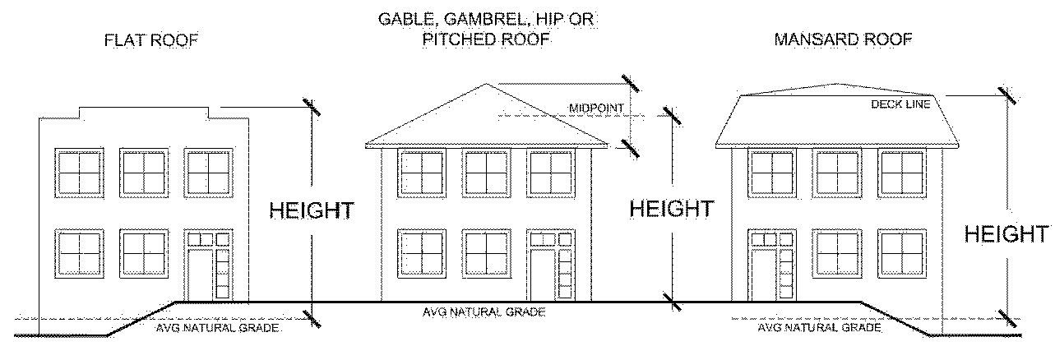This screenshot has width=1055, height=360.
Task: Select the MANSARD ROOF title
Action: [x=844, y=39]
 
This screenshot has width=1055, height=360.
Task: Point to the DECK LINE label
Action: [x=900, y=104]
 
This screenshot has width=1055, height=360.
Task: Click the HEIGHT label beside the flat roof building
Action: [x=312, y=210]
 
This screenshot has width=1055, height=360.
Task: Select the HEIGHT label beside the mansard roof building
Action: [x=1007, y=234]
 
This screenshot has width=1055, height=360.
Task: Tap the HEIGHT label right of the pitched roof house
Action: [x=671, y=209]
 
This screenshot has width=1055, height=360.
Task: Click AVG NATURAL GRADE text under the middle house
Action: [x=484, y=312]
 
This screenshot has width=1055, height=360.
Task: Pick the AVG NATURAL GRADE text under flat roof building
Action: [x=218, y=328]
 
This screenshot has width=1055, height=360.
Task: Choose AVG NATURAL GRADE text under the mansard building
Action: [x=819, y=327]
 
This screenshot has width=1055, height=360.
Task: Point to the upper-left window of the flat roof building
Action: [x=80, y=171]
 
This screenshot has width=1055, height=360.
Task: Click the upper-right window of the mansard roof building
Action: [x=902, y=173]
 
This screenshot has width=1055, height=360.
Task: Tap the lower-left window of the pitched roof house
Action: [x=422, y=252]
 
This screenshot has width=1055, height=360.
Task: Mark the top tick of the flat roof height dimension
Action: [x=312, y=107]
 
